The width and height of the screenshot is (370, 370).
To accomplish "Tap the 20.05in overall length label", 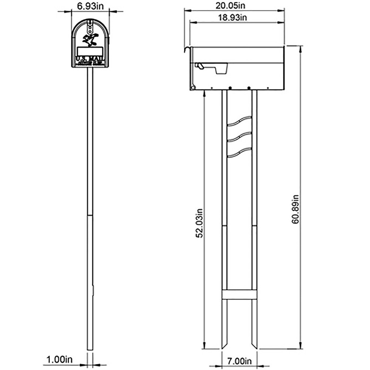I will tap(235, 5).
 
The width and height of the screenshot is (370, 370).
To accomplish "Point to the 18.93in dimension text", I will tap(237, 17).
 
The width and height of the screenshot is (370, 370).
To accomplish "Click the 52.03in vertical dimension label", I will tap(199, 222).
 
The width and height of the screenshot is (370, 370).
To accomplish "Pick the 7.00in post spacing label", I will tap(239, 360).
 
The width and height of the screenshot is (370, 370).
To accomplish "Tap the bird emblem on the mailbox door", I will tap(91, 38).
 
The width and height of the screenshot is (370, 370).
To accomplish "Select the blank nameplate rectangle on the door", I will tap(90, 51).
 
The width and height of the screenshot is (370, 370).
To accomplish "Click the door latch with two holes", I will tap(90, 27).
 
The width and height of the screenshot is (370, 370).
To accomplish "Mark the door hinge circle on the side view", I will tap(192, 87).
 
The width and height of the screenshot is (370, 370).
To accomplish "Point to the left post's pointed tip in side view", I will tap(224, 346).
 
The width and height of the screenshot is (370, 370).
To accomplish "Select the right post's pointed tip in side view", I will tap(255, 346).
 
